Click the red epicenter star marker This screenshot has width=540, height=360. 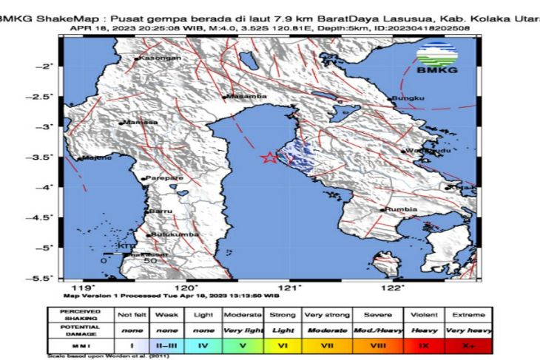pos(269,157)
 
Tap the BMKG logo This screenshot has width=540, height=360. pos(436,59)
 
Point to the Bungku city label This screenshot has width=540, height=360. pos(409,98)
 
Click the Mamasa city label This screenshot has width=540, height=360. pos(140,123)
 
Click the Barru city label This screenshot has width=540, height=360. pos(161,211)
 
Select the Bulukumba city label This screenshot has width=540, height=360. pos(173,235)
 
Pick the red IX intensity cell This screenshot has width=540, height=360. pos(425,344)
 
